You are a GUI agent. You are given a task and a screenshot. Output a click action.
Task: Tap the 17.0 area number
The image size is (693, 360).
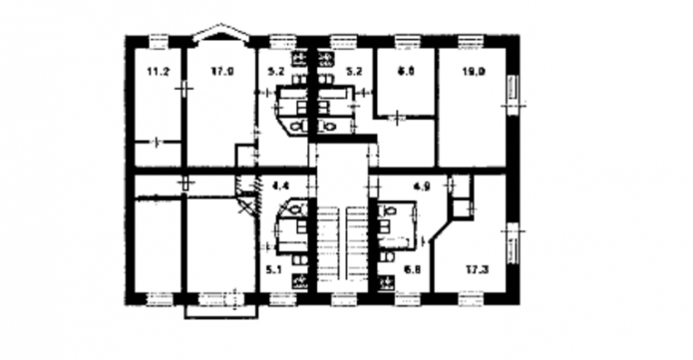[x=221, y=71]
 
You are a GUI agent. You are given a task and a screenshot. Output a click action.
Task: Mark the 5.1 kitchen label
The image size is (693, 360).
[x=274, y=267]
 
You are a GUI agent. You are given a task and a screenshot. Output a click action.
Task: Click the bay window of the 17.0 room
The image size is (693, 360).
[x=219, y=35]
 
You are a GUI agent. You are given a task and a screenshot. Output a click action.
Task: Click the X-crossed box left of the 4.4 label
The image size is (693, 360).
[x=245, y=204]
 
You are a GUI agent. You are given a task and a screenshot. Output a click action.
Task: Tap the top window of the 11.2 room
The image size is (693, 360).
[x=159, y=40]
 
